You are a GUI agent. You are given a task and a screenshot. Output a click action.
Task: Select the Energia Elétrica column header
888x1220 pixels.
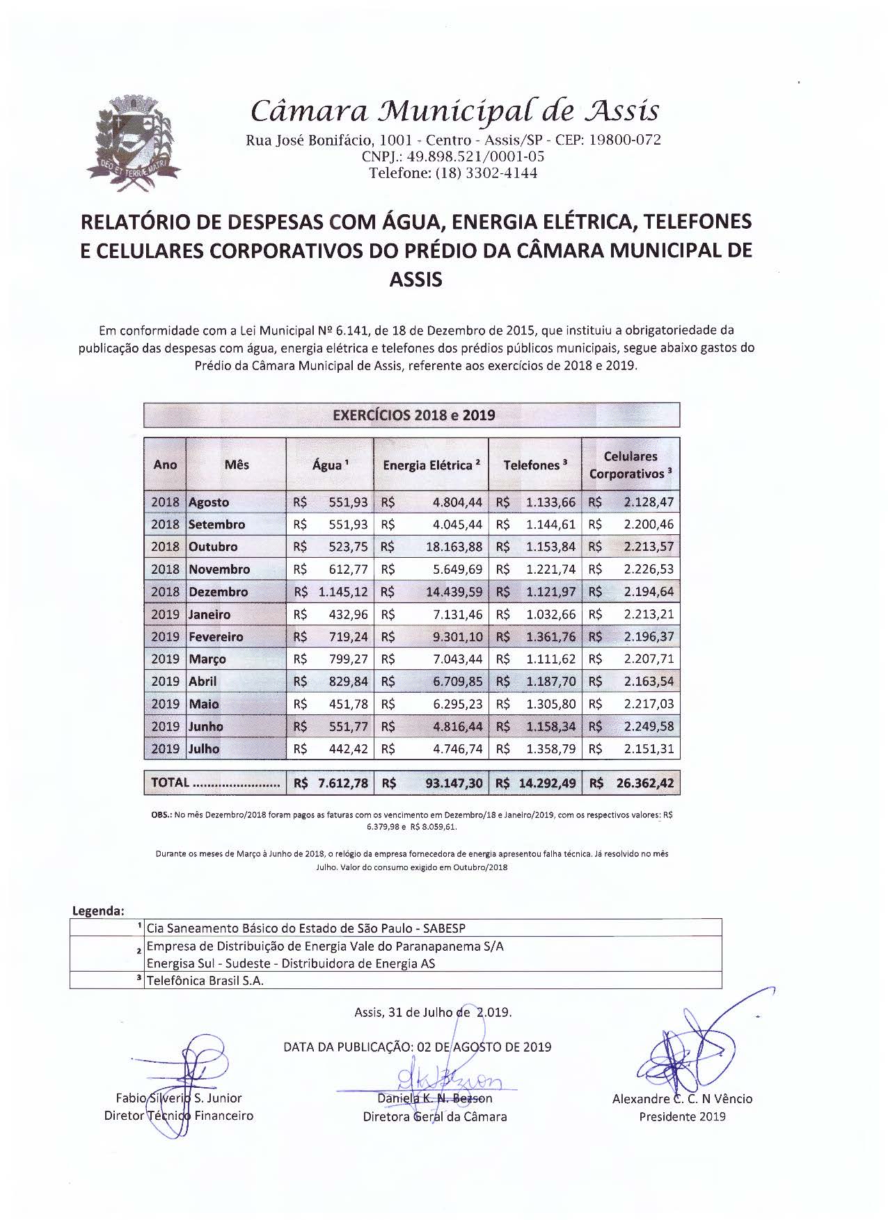[x=431, y=465]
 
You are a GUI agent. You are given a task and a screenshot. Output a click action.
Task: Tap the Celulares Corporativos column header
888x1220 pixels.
[x=631, y=465]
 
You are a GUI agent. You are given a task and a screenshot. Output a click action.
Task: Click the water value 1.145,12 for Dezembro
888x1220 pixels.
[x=343, y=592]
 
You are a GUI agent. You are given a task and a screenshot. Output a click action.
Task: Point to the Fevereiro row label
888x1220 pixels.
[x=216, y=636]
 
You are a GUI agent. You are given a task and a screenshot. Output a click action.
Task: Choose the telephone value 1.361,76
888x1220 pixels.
[x=550, y=636]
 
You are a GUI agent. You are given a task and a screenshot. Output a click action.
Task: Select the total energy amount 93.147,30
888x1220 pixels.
[x=454, y=783]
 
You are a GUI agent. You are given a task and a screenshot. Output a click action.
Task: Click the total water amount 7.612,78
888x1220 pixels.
[x=342, y=783]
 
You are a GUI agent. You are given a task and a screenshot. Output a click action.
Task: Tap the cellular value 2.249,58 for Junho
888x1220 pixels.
[x=649, y=726]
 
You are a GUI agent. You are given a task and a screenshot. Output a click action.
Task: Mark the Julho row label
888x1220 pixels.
[x=204, y=749]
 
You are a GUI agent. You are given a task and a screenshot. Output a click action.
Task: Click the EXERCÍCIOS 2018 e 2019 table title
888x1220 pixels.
[x=413, y=415]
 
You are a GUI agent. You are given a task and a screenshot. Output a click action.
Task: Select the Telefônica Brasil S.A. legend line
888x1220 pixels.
[x=205, y=981]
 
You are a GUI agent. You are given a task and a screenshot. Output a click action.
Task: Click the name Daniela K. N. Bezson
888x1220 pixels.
[x=434, y=1098]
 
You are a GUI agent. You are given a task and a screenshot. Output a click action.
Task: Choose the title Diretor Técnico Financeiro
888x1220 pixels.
[x=178, y=1116]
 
